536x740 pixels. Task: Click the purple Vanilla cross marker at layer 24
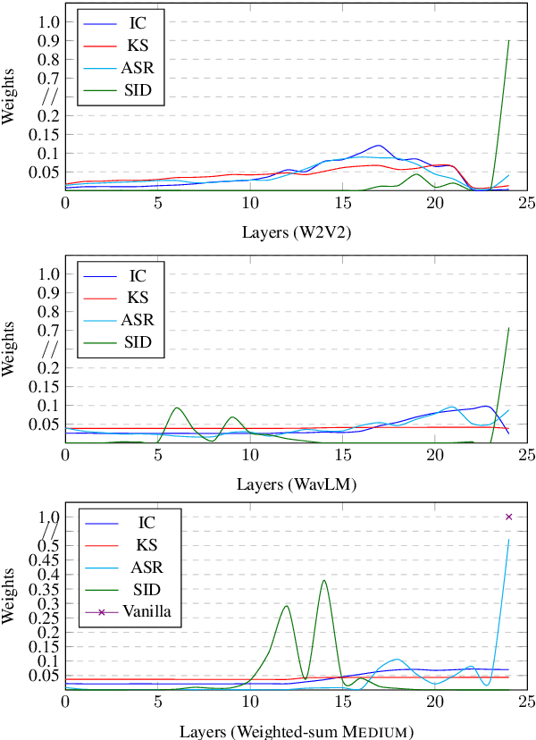click(x=508, y=517)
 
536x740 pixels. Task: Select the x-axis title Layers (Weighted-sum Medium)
click(x=295, y=731)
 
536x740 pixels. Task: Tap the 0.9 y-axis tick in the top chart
click(x=49, y=40)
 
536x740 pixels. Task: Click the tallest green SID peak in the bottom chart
click(x=323, y=581)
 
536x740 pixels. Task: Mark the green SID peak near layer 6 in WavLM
click(x=177, y=408)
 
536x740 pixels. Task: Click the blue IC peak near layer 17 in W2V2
click(x=378, y=146)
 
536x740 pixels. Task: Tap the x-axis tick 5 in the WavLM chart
click(x=157, y=456)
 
